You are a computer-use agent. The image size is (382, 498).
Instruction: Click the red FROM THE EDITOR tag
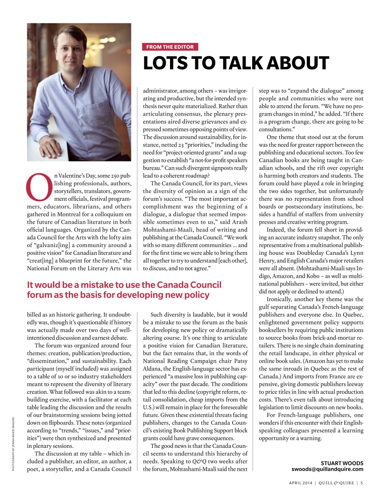click(170, 47)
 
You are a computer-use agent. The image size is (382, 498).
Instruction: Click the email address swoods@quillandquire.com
click(327, 469)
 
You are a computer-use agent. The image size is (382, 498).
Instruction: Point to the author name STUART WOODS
click(342, 463)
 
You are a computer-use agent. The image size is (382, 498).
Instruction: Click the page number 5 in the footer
click(362, 483)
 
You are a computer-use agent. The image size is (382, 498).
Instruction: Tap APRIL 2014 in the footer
click(301, 483)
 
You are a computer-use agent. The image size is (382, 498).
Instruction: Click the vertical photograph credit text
click(13, 444)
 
